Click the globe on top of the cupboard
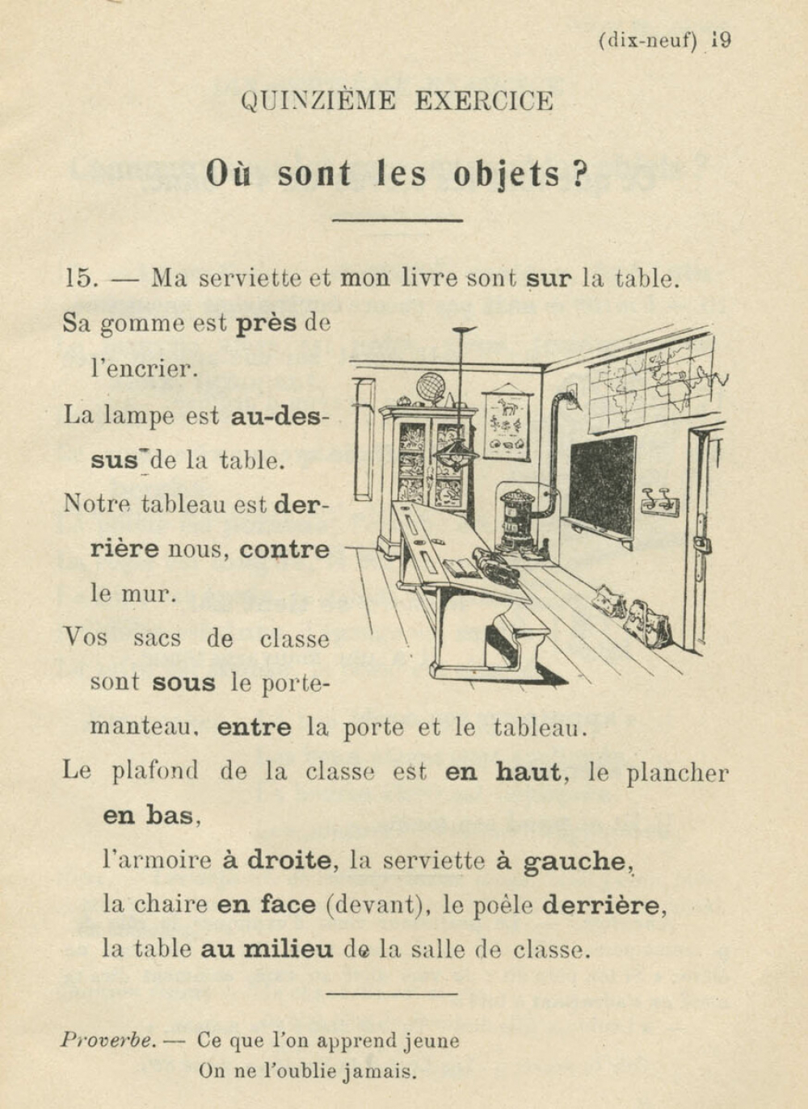[x=430, y=388]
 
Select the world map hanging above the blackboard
[x=650, y=380]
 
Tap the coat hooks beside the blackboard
[x=660, y=503]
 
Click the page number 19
[x=722, y=40]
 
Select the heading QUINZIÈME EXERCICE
[x=397, y=102]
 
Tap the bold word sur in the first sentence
[x=548, y=279]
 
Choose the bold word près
[x=266, y=324]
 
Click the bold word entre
[x=254, y=728]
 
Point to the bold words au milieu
[x=267, y=949]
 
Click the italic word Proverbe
[x=108, y=1040]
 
